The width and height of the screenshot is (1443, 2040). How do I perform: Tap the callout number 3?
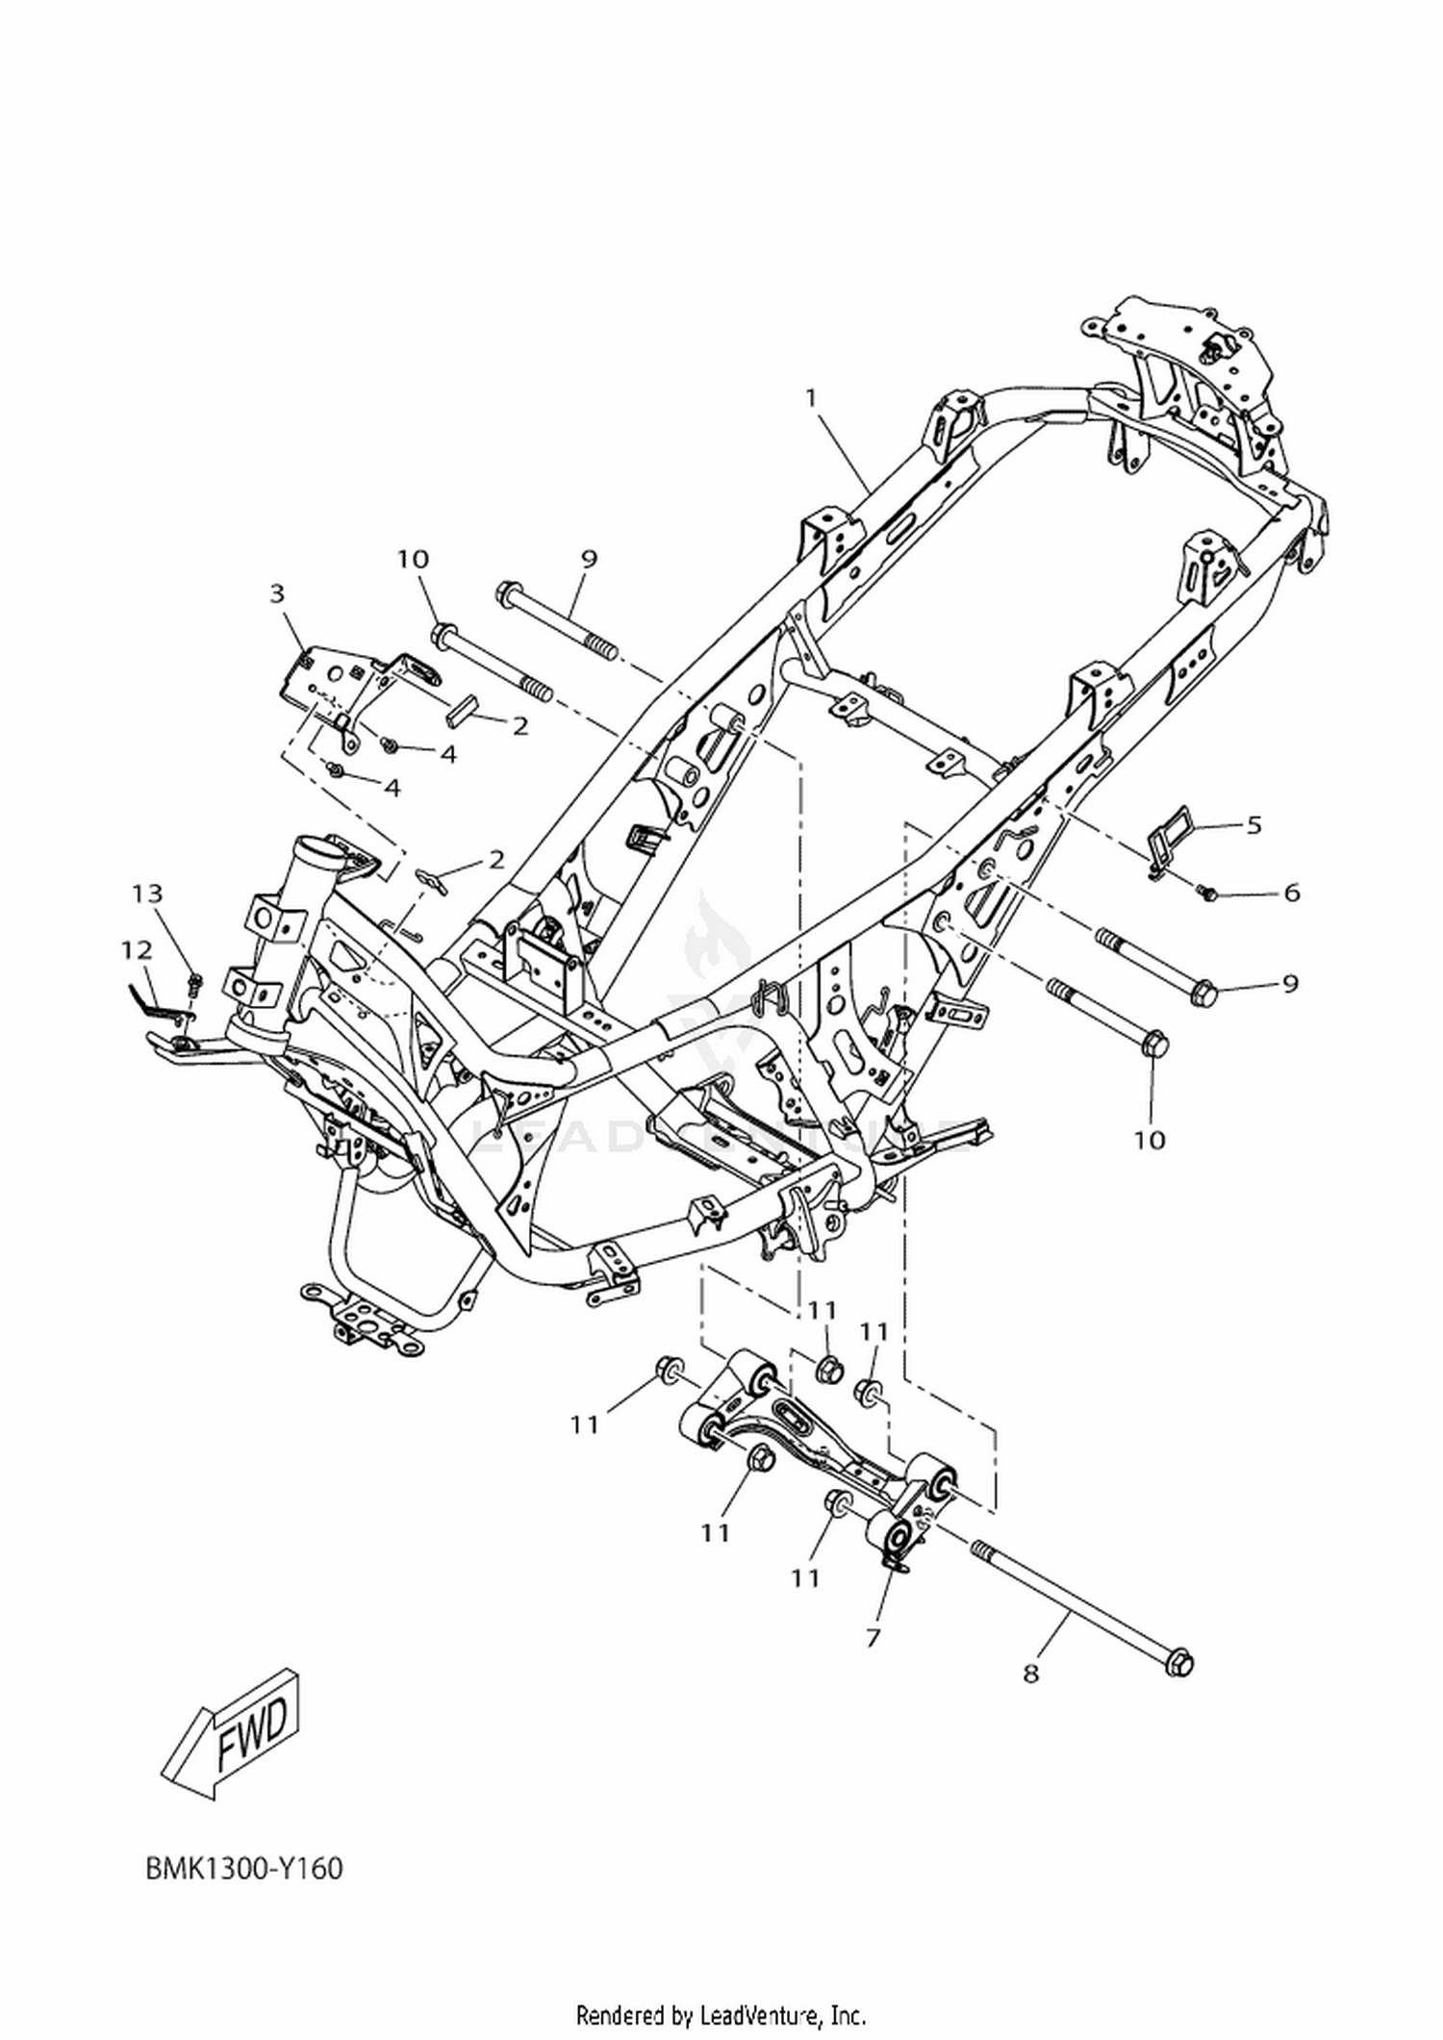[278, 593]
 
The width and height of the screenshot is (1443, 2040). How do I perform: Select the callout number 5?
[1253, 824]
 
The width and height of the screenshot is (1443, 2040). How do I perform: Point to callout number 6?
[1291, 893]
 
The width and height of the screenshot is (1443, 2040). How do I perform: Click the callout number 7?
[873, 1636]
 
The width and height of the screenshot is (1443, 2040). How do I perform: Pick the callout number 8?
[1031, 1674]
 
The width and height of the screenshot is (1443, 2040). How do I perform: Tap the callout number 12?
[137, 950]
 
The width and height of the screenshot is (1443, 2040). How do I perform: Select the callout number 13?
[147, 894]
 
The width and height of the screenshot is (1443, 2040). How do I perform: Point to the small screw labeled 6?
[1207, 894]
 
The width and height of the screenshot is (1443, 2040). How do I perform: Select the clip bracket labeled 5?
[1170, 833]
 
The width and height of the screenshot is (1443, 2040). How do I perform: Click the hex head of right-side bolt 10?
[1156, 1043]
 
